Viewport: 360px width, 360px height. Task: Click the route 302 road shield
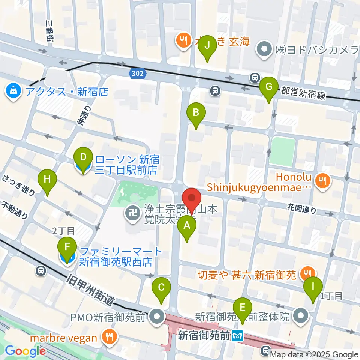(x=137, y=73)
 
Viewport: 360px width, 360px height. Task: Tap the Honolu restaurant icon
(x=321, y=181)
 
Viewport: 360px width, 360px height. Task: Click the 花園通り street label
(x=302, y=208)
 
